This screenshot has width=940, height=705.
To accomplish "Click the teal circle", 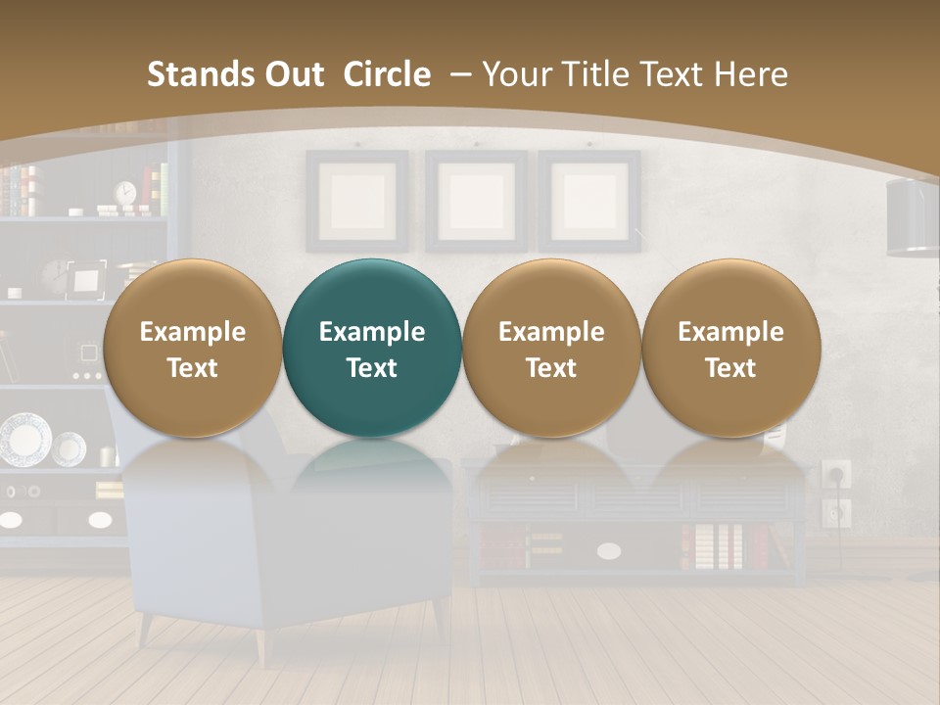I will (x=372, y=348).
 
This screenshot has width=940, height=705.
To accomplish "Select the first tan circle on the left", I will (x=192, y=348).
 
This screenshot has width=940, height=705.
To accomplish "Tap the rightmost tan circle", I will (x=730, y=348).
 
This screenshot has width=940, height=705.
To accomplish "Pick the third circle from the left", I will (x=551, y=348).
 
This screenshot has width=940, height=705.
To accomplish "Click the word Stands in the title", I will (x=201, y=74).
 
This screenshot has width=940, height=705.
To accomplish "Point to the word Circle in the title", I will (x=387, y=74).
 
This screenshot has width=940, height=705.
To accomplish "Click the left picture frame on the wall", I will (x=357, y=201).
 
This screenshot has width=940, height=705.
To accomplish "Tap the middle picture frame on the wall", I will (x=476, y=201).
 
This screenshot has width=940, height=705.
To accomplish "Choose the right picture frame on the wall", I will (x=589, y=201).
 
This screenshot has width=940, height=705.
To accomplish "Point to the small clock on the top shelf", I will (x=126, y=193).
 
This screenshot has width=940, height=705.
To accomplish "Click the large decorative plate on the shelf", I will (x=24, y=440).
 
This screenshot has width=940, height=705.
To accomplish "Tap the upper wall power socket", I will (x=836, y=475).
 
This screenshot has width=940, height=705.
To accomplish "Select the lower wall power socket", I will (x=836, y=511).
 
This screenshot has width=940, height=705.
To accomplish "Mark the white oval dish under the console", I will (x=609, y=551).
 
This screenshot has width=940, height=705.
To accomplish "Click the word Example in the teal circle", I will (x=372, y=332).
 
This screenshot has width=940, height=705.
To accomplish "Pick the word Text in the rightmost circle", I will (x=730, y=368).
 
